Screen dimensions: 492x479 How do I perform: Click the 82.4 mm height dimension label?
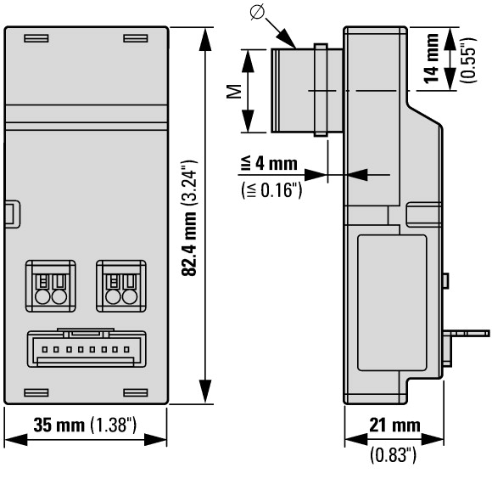pyautogui.click(x=189, y=244)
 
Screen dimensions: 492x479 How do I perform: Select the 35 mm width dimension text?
pyautogui.click(x=59, y=425)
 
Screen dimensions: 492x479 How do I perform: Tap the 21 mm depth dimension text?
pyautogui.click(x=394, y=425)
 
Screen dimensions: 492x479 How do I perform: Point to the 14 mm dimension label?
pyautogui.click(x=432, y=59)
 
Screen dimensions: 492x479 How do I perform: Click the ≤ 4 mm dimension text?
pyautogui.click(x=269, y=164)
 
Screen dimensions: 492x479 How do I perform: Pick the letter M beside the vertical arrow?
pyautogui.click(x=234, y=91)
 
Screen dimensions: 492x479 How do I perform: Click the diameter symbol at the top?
pyautogui.click(x=257, y=13)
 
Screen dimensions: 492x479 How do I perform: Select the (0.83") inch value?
pyautogui.click(x=393, y=455)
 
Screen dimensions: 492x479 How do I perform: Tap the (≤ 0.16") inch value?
pyautogui.click(x=271, y=189)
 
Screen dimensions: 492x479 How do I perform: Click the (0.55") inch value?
pyautogui.click(x=468, y=60)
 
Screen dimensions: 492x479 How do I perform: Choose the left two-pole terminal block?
pyautogui.click(x=51, y=286)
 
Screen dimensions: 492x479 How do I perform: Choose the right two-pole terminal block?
pyautogui.click(x=121, y=286)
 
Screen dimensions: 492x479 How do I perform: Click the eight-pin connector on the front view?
pyautogui.click(x=87, y=348)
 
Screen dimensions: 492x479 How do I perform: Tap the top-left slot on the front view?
pyautogui.click(x=36, y=38)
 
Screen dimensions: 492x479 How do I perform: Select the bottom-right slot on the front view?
pyautogui.click(x=136, y=392)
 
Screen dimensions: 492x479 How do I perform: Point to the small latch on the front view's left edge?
pyautogui.click(x=12, y=212)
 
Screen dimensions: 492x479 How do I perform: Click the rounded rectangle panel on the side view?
pyautogui.click(x=392, y=303)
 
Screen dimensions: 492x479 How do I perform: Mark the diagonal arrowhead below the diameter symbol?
pyautogui.click(x=287, y=38)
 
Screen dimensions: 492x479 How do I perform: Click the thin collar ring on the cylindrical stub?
pyautogui.click(x=321, y=90)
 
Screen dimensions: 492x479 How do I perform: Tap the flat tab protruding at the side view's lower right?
pyautogui.click(x=466, y=333)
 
